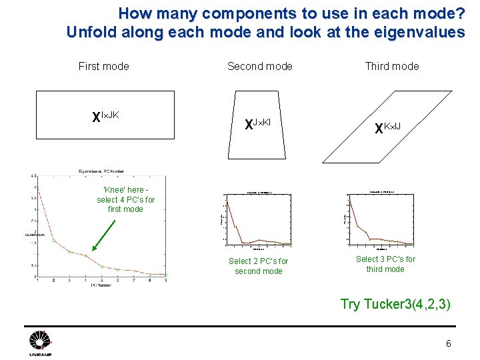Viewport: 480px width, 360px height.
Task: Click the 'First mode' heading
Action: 103,66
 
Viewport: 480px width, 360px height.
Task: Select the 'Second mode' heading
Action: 259,66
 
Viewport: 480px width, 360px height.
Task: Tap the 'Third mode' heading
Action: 391,66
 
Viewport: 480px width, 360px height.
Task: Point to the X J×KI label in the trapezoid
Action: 257,124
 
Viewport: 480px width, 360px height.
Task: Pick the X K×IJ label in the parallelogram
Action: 387,127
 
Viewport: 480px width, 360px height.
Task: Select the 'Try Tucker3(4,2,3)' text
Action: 396,304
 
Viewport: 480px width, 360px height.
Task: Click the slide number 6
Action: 448,344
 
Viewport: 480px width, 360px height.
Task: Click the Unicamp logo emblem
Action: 39,342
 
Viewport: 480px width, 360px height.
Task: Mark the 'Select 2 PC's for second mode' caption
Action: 258,266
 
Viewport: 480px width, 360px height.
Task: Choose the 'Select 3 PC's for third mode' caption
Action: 385,264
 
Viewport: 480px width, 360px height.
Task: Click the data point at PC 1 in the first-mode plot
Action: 38,190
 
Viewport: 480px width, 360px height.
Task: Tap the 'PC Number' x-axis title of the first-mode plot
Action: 102,285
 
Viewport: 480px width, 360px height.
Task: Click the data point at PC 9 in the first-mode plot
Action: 165,274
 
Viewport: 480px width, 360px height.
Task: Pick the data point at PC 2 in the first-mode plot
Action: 54,240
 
